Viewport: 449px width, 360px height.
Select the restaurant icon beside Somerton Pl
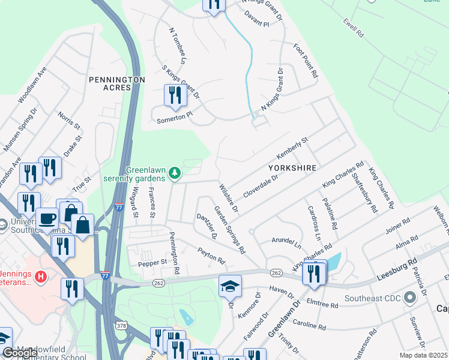175,96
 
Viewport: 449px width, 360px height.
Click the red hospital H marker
40,277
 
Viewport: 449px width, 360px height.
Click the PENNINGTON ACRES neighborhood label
116,83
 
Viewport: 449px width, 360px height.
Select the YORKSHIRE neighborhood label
292,169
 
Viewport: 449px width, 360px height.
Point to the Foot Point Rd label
305,61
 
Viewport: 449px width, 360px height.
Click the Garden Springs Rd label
230,230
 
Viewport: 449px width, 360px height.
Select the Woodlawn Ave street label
32,87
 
